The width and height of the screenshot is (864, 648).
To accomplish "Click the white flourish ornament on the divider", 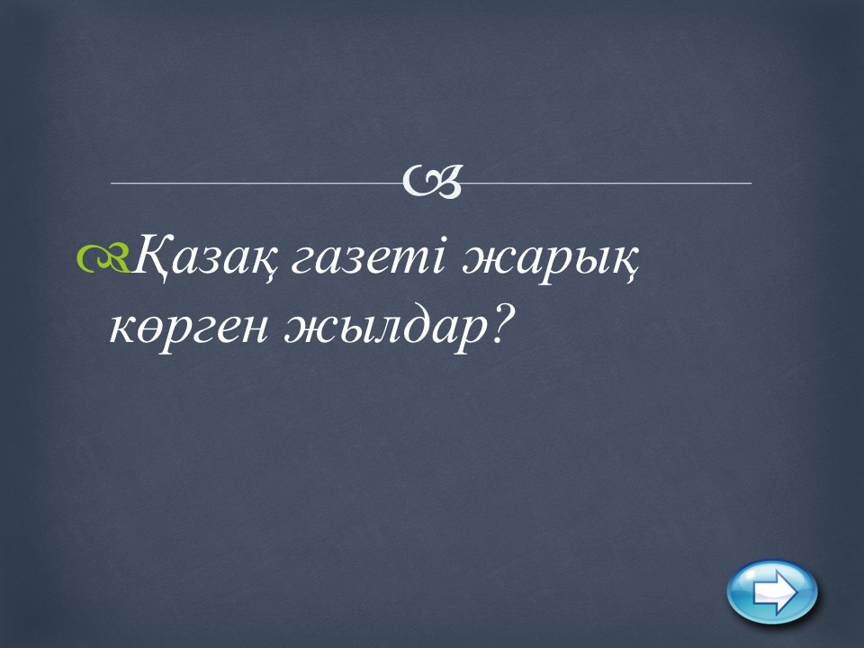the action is coord(431,181).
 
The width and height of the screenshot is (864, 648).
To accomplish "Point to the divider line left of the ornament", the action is coord(256,183).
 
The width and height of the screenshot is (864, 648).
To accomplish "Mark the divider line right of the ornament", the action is coord(606,183).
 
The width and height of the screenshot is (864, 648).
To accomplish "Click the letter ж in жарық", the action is coord(485,259).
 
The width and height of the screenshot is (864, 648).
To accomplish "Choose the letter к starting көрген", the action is coord(124,328).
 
